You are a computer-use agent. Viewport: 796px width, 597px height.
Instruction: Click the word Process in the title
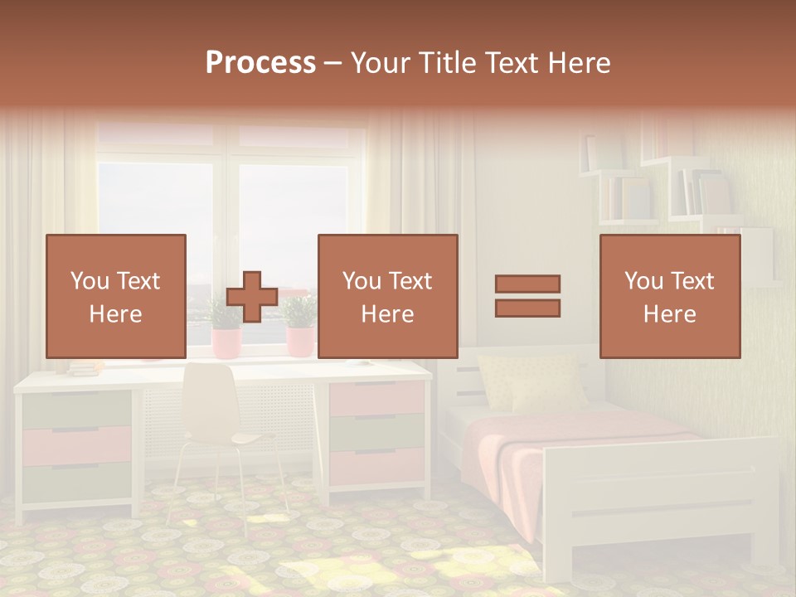pyautogui.click(x=260, y=63)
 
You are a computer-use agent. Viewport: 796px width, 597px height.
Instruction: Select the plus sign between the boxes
pyautogui.click(x=252, y=297)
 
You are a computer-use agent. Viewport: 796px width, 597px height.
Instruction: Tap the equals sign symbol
pyautogui.click(x=527, y=296)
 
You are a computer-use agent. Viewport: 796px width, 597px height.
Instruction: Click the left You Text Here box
pyautogui.click(x=116, y=297)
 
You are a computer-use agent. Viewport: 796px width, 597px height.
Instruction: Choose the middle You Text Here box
pyautogui.click(x=388, y=297)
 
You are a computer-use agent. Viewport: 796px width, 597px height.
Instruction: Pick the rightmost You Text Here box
pyautogui.click(x=670, y=297)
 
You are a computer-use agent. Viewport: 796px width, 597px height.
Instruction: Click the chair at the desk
pyautogui.click(x=217, y=415)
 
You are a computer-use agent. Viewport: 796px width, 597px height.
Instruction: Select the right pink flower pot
pyautogui.click(x=300, y=341)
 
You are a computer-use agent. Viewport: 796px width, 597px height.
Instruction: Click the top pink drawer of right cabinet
pyautogui.click(x=376, y=400)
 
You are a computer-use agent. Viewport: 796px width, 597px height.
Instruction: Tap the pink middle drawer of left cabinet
pyautogui.click(x=77, y=446)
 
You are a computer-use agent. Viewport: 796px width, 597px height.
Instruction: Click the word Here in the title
pyautogui.click(x=580, y=63)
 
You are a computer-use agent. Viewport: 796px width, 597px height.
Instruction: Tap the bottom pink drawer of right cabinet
pyautogui.click(x=376, y=467)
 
